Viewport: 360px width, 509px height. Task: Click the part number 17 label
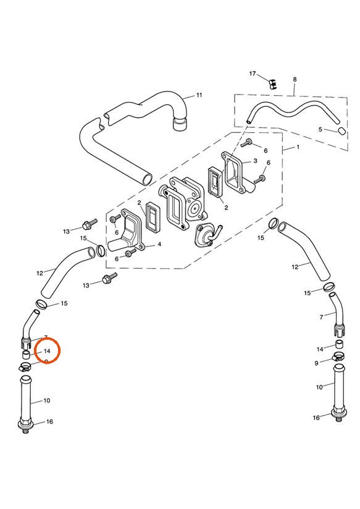[x=253, y=74]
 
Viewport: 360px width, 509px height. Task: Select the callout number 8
[x=295, y=80]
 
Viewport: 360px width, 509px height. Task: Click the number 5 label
[x=320, y=129]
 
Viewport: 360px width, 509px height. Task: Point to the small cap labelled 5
[x=341, y=131]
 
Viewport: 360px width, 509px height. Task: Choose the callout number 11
[x=199, y=95]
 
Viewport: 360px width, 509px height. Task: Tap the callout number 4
[x=159, y=245]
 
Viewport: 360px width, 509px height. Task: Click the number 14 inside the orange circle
[x=47, y=351]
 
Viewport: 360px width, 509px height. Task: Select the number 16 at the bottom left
[x=50, y=422]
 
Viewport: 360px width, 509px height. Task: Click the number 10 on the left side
[x=47, y=401]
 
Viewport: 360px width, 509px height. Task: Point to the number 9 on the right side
[x=316, y=363]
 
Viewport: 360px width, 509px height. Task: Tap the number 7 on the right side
[x=321, y=317]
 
